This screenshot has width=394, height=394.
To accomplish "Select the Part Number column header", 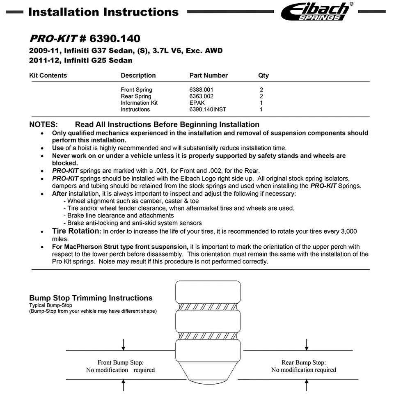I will (x=208, y=76).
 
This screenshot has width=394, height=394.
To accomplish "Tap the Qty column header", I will (x=263, y=76).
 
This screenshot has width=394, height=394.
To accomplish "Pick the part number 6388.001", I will (x=202, y=90).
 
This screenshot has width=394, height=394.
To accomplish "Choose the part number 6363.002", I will (x=202, y=96).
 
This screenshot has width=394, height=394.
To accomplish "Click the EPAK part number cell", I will (x=197, y=103).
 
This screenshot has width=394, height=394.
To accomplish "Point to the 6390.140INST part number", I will (x=208, y=110).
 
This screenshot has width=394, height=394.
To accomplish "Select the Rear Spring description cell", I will (x=136, y=96).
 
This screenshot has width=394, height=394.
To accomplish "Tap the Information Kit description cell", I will (x=139, y=103).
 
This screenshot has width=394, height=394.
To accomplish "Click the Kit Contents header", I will (x=48, y=76).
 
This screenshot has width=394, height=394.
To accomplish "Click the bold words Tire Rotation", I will (x=76, y=231).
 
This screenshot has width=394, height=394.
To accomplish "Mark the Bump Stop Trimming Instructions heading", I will (x=91, y=298).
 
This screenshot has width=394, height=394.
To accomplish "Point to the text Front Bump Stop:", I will (x=120, y=362).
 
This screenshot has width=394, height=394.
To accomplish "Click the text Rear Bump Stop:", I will (x=304, y=362).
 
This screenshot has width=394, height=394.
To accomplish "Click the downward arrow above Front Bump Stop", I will (x=124, y=345).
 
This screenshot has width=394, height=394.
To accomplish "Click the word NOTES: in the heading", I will (x=44, y=124).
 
